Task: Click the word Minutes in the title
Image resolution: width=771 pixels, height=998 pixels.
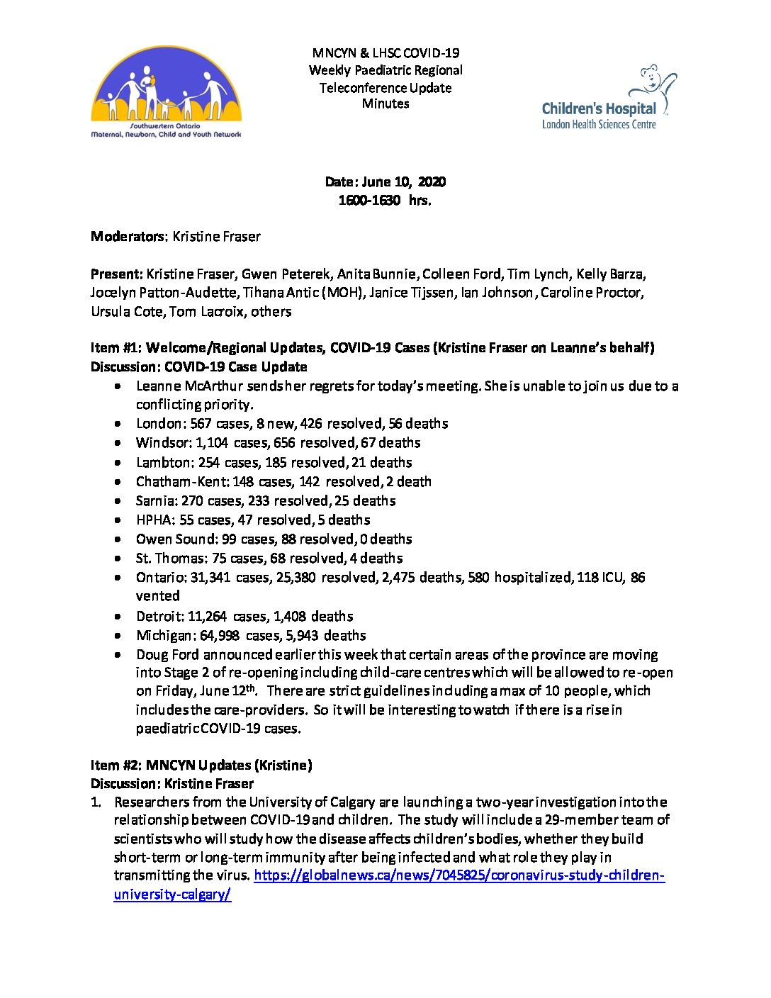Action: pyautogui.click(x=385, y=103)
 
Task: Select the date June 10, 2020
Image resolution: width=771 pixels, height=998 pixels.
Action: pyautogui.click(x=404, y=182)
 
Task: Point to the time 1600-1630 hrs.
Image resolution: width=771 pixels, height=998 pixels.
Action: pyautogui.click(x=385, y=201)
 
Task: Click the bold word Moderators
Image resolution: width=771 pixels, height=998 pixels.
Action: pyautogui.click(x=128, y=237)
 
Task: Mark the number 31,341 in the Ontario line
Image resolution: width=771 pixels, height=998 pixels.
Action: pyautogui.click(x=210, y=578)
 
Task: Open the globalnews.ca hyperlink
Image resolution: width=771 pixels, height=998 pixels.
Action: pyautogui.click(x=459, y=875)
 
